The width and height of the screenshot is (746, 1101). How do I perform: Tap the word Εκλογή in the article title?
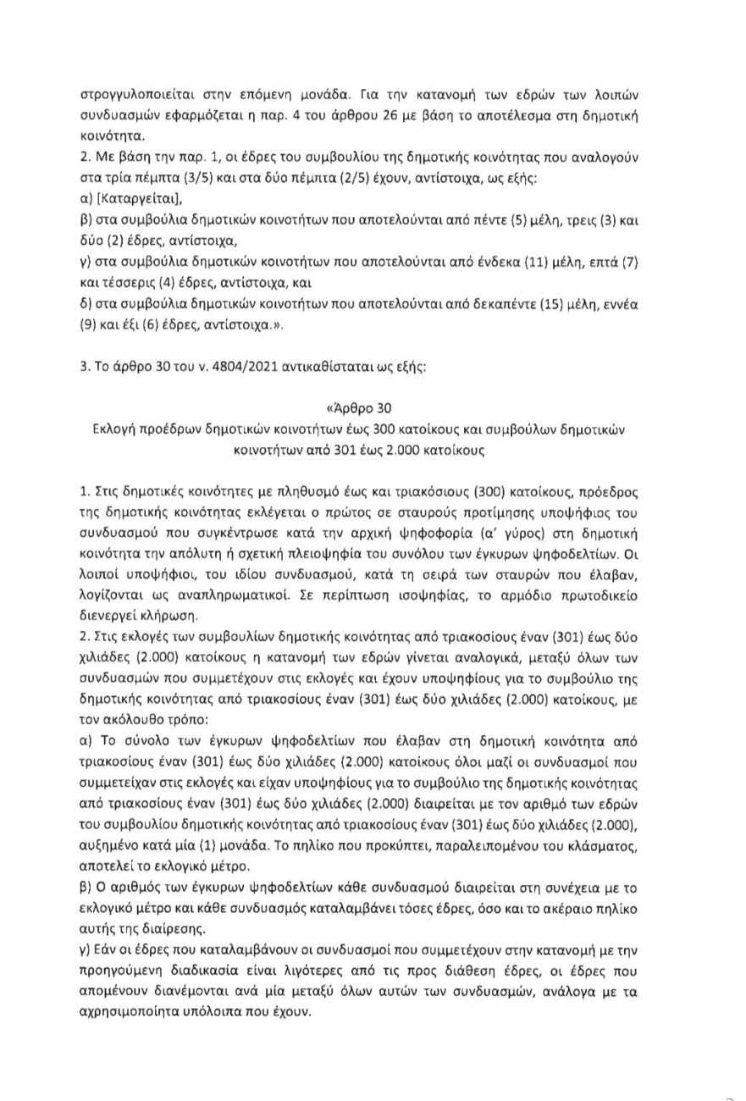pos(119,429)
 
